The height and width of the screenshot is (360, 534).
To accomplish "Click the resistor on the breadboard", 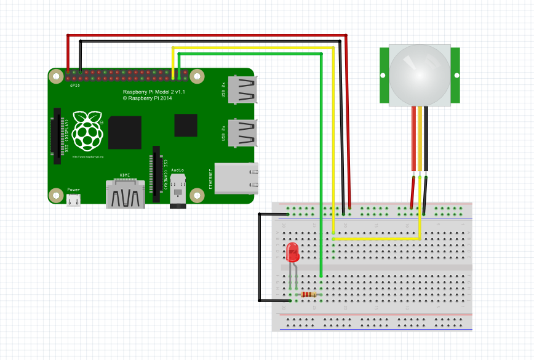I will pos(308,294).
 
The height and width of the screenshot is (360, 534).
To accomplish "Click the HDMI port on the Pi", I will pos(126,194).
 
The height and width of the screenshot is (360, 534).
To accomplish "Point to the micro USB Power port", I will pos(74,200).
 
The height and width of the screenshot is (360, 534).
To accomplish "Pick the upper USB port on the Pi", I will pos(242,90).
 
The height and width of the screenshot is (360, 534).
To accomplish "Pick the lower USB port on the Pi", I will pos(242,132).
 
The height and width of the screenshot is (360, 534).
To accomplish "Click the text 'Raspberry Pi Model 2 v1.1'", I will pos(154,91).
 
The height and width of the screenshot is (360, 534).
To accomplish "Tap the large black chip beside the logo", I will pos(125,131).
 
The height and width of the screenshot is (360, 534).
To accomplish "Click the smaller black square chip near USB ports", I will pos(185,125).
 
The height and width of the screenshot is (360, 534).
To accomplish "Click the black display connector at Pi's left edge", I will pos(58,137).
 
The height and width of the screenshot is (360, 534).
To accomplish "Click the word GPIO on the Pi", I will pos(74,85).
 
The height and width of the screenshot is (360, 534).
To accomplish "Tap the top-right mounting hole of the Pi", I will pos(197,76).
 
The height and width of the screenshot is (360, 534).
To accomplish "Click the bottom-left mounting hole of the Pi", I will pos(56,196).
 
